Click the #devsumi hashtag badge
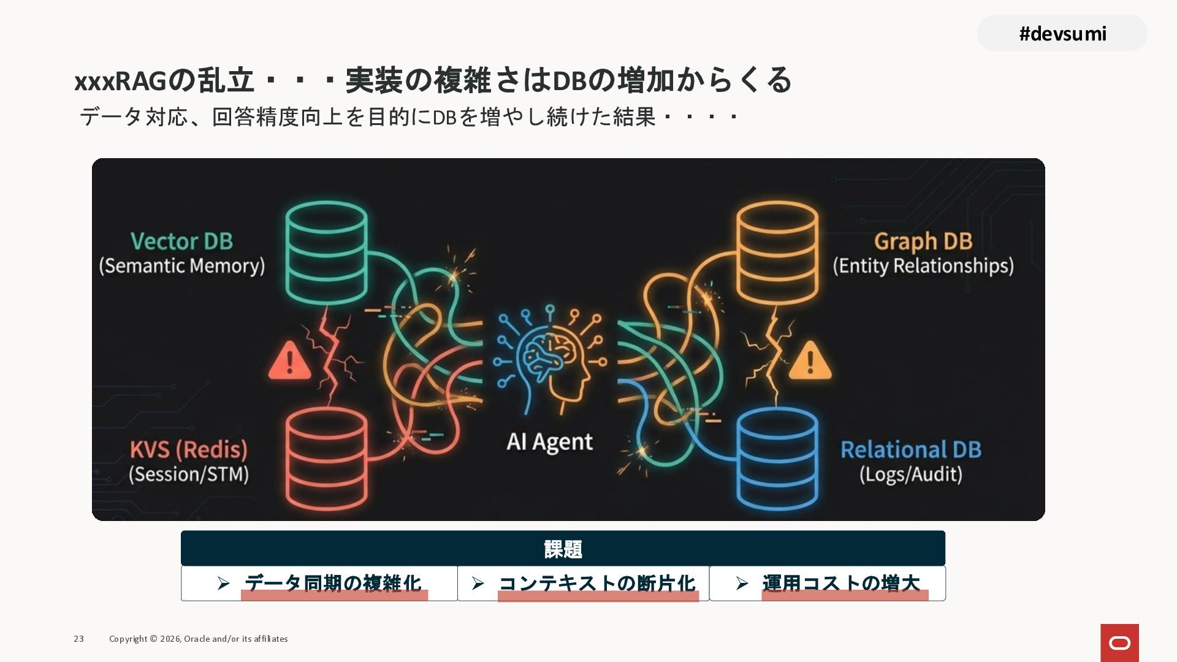[x=1062, y=33]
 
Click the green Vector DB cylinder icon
[x=327, y=253]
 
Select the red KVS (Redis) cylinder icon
[x=327, y=458]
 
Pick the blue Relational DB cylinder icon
[x=777, y=458]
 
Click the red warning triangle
[x=289, y=361]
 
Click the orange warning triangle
[x=810, y=361]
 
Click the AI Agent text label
[x=549, y=442]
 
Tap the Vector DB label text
[x=181, y=241]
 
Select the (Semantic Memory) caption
[x=181, y=266]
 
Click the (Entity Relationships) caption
[x=923, y=266]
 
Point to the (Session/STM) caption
[x=188, y=474]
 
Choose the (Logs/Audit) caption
[x=910, y=474]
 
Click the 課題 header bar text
[x=563, y=549]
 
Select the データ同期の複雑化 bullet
[x=333, y=583]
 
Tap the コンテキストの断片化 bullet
[x=596, y=583]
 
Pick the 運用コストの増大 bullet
[x=840, y=583]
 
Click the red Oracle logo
[x=1119, y=642]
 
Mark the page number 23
[x=79, y=639]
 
